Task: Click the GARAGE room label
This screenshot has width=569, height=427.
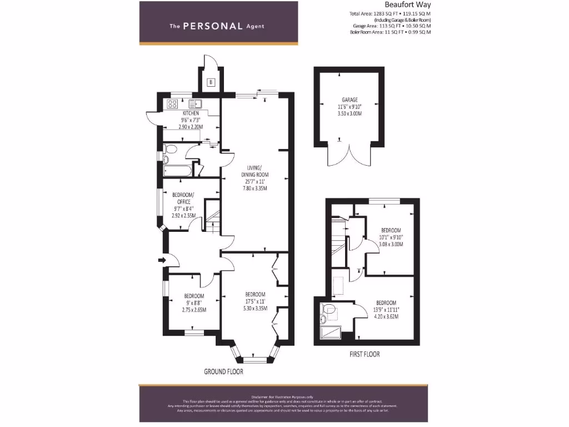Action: (350, 100)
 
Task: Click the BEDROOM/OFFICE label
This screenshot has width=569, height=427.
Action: (183, 198)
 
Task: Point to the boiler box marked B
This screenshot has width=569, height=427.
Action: (211, 83)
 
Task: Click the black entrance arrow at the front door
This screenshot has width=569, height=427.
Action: (162, 259)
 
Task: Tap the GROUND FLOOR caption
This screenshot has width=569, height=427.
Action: (223, 371)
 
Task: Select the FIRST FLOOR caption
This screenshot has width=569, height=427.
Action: (365, 354)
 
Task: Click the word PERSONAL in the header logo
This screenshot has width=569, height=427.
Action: (213, 26)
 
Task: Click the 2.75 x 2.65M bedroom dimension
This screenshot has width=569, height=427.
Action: (194, 310)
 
